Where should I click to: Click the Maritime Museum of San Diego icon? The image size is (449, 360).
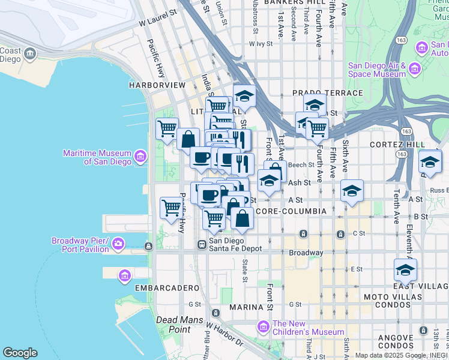tap(140, 157)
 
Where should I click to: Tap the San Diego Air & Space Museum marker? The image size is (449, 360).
tap(414, 70)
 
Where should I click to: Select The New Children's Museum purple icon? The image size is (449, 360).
tap(263, 327)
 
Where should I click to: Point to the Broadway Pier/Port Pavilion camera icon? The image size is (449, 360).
tap(118, 244)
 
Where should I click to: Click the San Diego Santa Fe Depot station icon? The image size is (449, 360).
tap(202, 244)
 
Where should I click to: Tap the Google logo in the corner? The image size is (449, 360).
tap(20, 353)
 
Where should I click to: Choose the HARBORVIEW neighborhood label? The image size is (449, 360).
tap(157, 85)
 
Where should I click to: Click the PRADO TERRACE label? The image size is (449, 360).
tap(328, 93)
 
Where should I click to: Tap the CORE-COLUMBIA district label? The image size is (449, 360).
tap(291, 211)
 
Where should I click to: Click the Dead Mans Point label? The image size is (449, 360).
tap(173, 325)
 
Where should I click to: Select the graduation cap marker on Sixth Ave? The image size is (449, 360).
tap(352, 191)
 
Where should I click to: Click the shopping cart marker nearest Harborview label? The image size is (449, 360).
tap(167, 128)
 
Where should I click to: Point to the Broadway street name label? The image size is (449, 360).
tap(306, 253)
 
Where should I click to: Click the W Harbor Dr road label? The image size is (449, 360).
tap(224, 335)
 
